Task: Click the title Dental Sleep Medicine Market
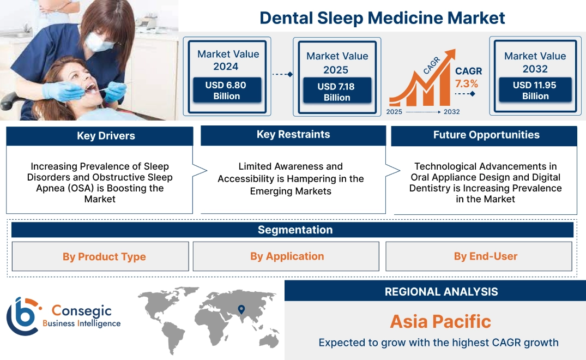382,17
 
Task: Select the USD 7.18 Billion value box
337,92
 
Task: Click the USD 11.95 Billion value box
535,90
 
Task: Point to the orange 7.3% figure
467,83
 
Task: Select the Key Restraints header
293,135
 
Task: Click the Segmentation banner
295,230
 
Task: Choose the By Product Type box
104,256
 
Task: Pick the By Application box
287,256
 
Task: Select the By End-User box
485,256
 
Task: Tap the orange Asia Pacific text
440,321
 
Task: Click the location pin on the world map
240,309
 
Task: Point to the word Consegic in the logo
81,311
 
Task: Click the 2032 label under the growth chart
451,112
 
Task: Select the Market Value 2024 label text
228,60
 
